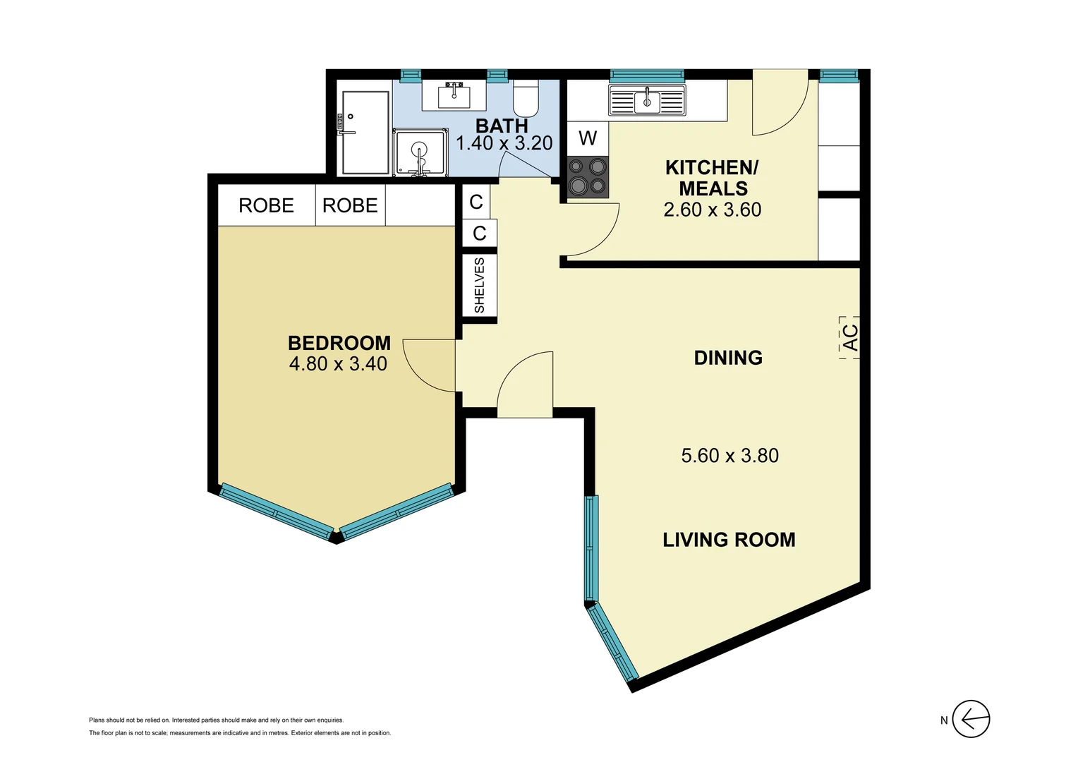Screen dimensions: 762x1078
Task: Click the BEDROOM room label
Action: click(x=339, y=343)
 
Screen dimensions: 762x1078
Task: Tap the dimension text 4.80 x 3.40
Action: click(x=338, y=364)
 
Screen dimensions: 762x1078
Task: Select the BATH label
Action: click(x=502, y=126)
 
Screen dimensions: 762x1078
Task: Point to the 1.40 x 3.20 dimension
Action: click(x=504, y=143)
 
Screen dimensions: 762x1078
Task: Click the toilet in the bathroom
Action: click(x=526, y=99)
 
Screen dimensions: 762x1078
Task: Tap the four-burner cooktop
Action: click(x=588, y=176)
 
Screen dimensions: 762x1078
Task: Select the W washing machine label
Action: click(x=588, y=138)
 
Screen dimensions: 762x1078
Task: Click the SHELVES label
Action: click(x=480, y=286)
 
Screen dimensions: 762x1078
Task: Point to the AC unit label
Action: click(x=850, y=337)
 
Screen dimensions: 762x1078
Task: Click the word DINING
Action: click(x=728, y=358)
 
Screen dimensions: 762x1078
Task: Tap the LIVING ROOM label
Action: click(x=729, y=540)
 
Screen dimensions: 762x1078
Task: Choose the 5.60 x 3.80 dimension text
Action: click(x=729, y=456)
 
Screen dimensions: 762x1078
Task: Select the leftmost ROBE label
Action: click(x=266, y=205)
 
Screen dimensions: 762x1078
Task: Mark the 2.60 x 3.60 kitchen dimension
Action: click(x=713, y=210)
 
